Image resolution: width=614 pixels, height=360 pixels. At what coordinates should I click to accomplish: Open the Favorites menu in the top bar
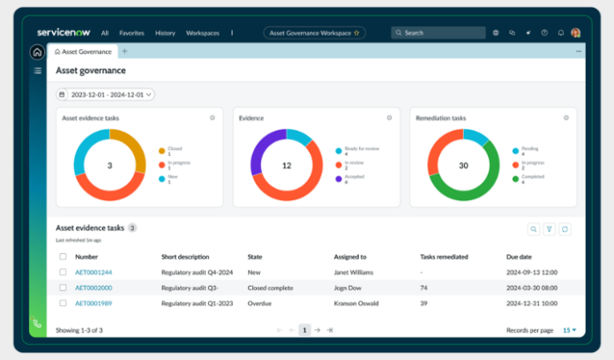pos(131,33)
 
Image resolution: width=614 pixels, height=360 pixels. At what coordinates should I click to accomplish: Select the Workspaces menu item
pos(202,33)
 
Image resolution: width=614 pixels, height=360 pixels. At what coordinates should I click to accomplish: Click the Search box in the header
pos(438,33)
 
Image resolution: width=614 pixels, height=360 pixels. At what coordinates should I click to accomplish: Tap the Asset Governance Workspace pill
pos(313,33)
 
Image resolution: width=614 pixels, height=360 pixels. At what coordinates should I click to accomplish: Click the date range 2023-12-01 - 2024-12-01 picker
pos(105,94)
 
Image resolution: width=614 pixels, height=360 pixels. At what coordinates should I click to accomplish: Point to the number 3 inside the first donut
pos(109,165)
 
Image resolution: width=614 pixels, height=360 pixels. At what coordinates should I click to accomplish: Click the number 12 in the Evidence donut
pos(287,165)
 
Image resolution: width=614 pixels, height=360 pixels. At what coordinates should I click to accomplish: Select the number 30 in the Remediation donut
pos(463,165)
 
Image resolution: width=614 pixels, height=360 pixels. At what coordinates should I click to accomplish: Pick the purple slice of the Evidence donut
pos(257,158)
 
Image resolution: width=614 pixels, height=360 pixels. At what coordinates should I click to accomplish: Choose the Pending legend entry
pos(528,149)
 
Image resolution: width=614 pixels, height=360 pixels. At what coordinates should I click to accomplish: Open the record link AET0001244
pos(94,273)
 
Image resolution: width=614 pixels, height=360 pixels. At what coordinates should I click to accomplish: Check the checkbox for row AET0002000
pos(63,288)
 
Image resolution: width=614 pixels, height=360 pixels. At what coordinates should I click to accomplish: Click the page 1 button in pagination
pos(304,330)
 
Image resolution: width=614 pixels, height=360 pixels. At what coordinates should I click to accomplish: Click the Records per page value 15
pos(567,330)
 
